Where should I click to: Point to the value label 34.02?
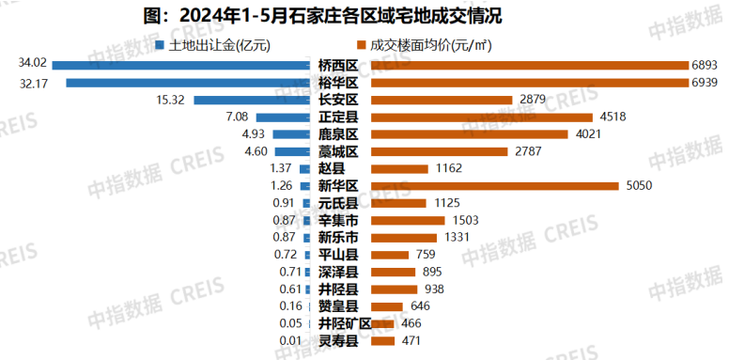point(32,65)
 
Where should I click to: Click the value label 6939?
point(704,83)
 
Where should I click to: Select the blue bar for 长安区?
point(252,100)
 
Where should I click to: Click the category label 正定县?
point(338,117)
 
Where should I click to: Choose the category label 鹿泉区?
point(338,134)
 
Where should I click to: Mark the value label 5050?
point(638,185)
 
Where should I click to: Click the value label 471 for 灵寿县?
point(411,340)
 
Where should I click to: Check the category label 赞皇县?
point(338,306)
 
